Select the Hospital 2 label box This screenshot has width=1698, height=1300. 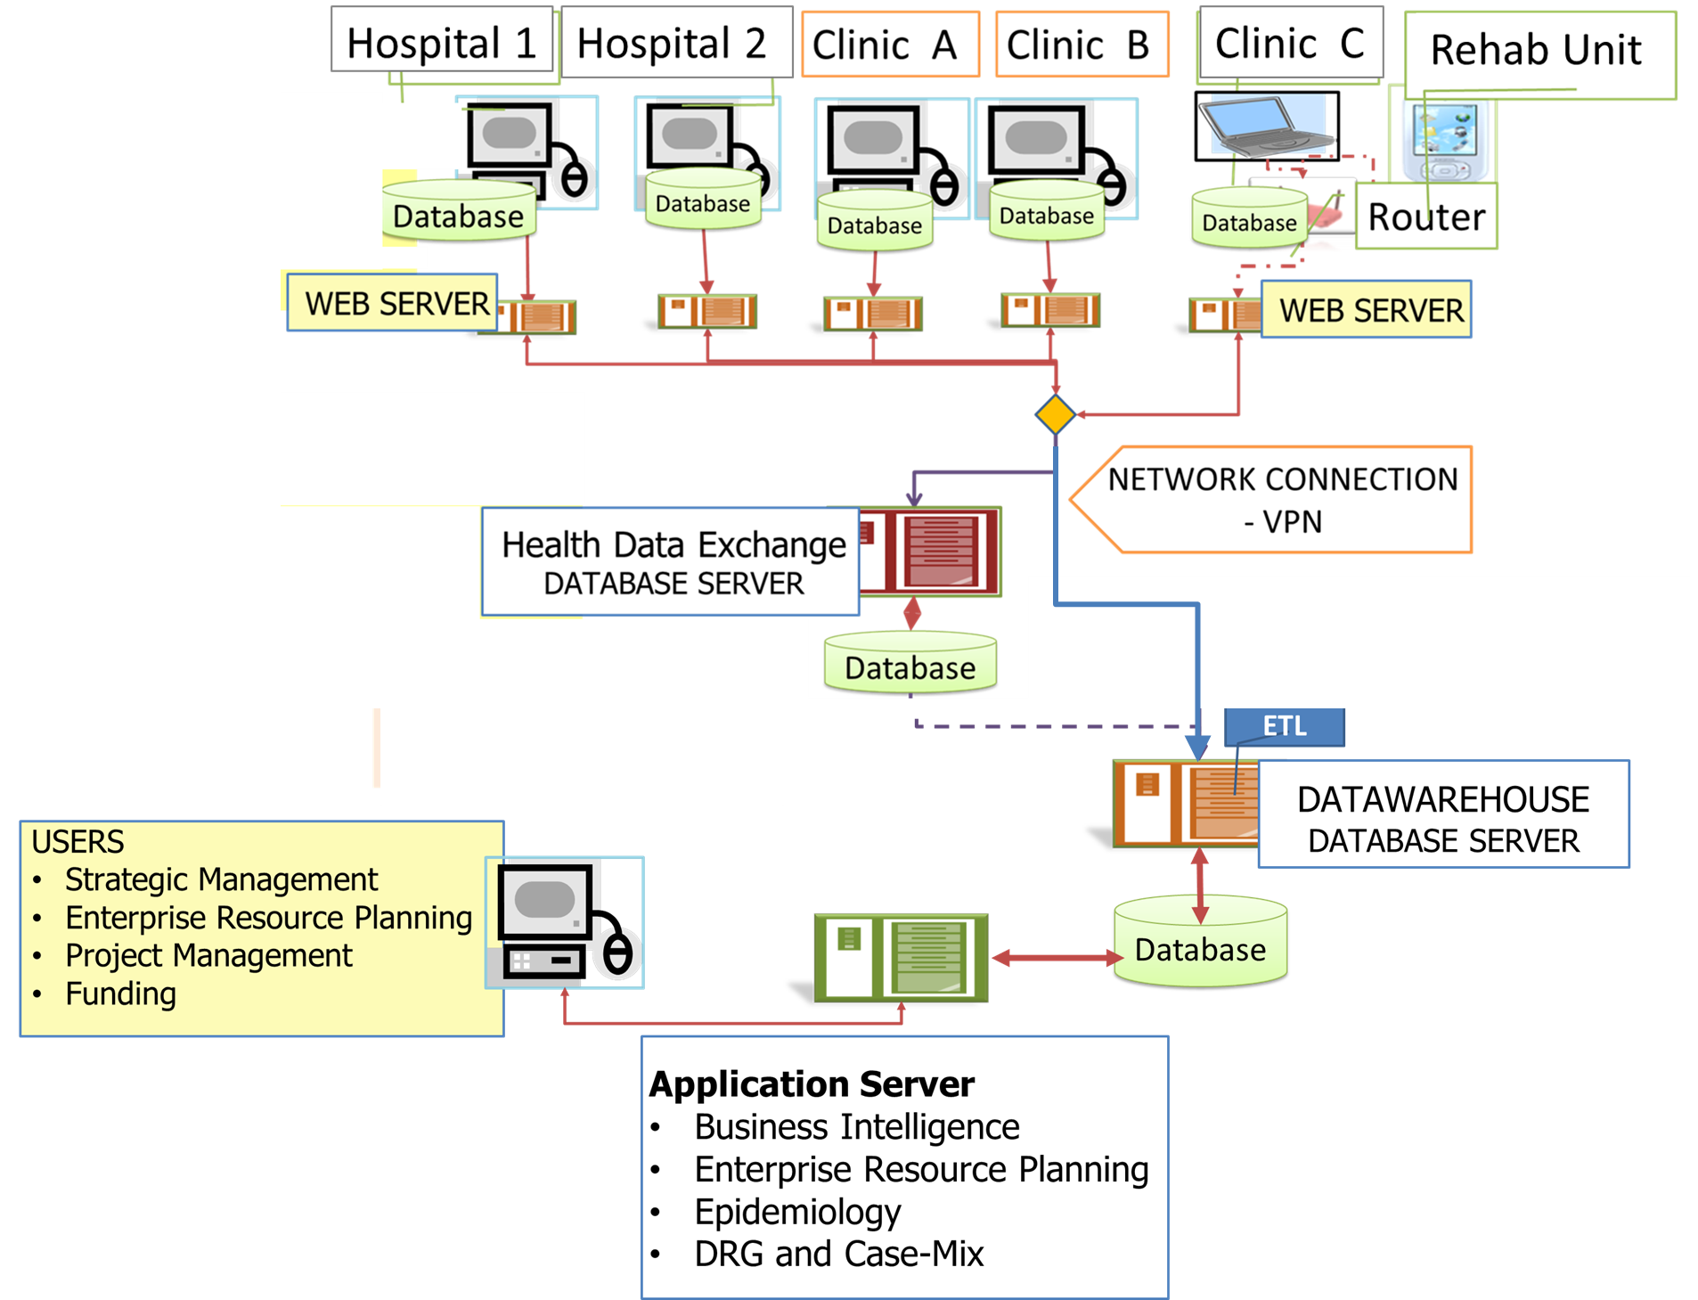pos(674,42)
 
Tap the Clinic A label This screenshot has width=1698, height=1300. pos(890,45)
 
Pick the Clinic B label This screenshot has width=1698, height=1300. pos(1081,45)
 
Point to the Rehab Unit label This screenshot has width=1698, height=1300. pos(1538,52)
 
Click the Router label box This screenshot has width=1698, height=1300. pos(1426,217)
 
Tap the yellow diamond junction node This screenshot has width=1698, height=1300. pos(1056,415)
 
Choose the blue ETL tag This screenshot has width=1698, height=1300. pos(1285,726)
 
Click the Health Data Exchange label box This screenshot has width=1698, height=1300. pos(672,562)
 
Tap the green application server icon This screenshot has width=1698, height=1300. pos(901,958)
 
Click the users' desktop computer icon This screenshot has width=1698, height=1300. pos(565,922)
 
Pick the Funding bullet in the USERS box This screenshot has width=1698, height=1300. pos(121,993)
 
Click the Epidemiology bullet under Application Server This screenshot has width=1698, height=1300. pos(797,1212)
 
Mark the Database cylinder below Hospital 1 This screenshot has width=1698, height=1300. pos(459,214)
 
